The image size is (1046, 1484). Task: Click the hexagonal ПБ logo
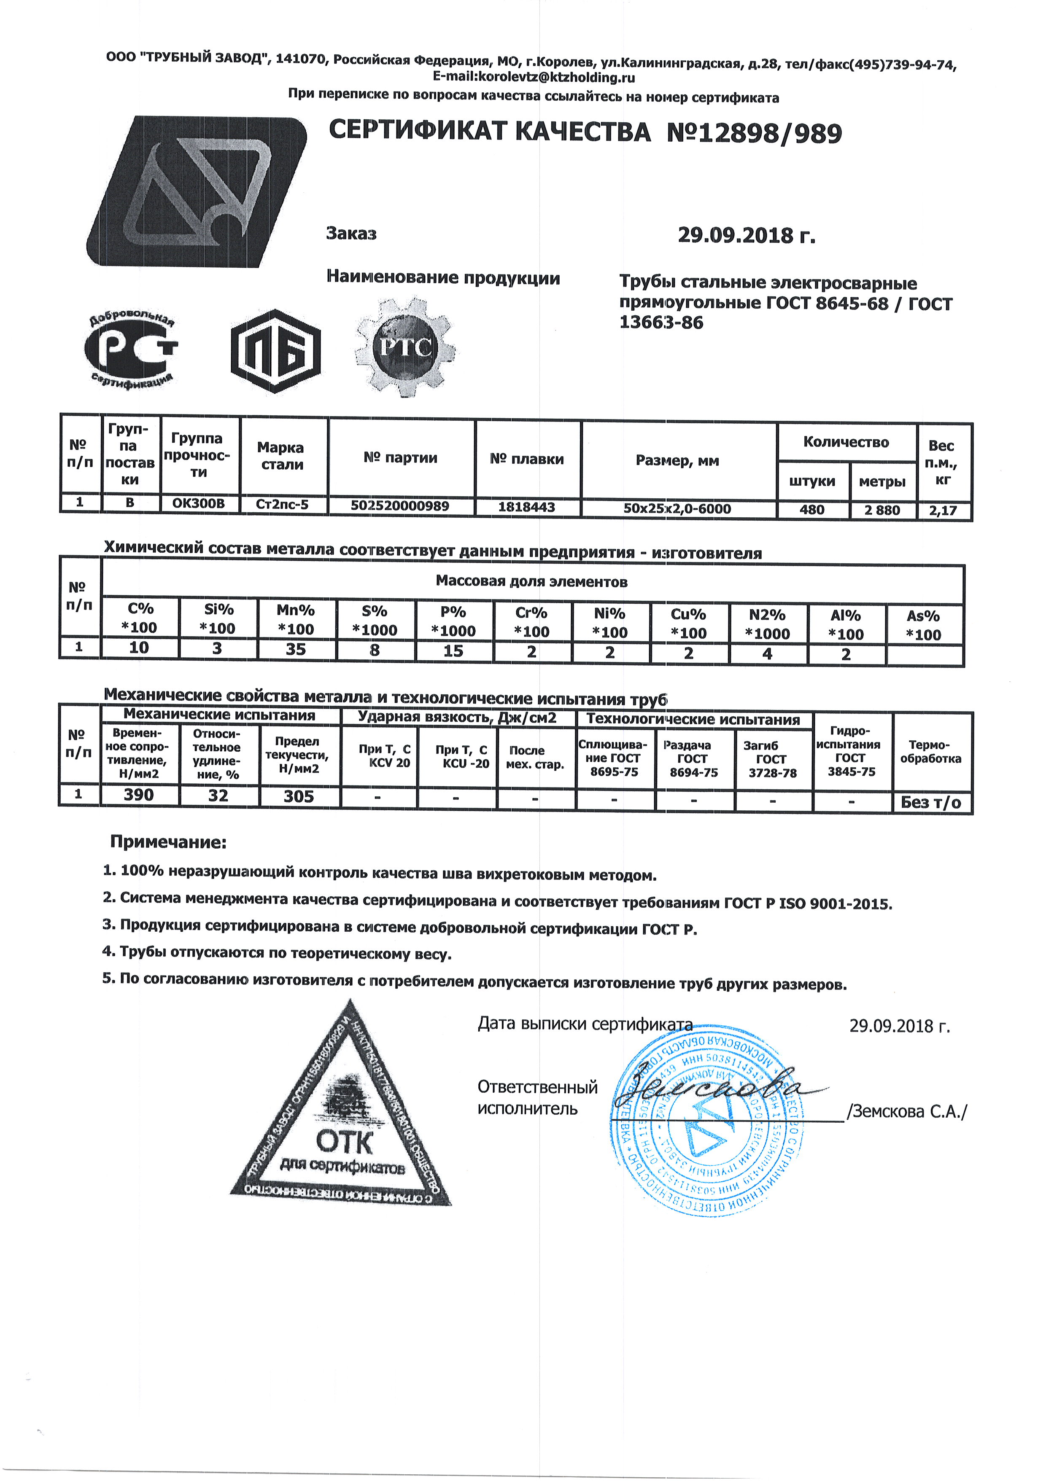click(x=276, y=351)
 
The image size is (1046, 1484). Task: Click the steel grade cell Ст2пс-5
click(x=283, y=505)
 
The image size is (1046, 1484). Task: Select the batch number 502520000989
click(x=400, y=506)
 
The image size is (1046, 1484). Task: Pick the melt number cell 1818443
click(x=526, y=507)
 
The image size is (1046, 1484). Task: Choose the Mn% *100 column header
click(x=295, y=618)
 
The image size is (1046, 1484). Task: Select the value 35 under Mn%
click(x=295, y=649)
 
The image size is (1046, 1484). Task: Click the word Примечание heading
click(x=168, y=842)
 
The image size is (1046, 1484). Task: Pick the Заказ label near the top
click(x=351, y=233)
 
